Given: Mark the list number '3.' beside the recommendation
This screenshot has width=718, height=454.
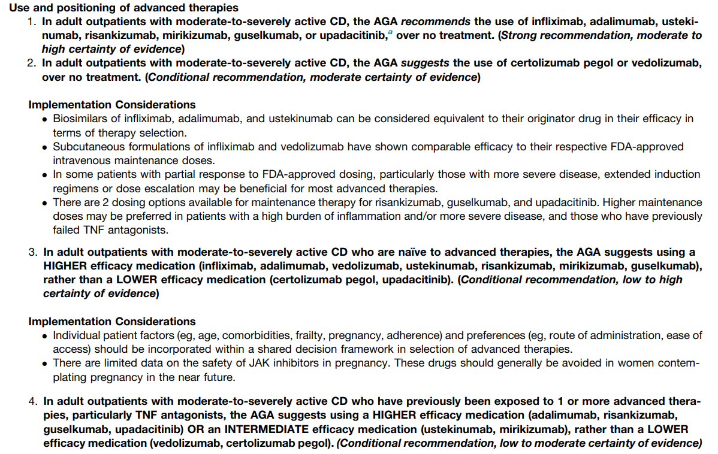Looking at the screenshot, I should click(33, 252).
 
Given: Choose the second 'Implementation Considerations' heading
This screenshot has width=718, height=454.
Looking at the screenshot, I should click(111, 322).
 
